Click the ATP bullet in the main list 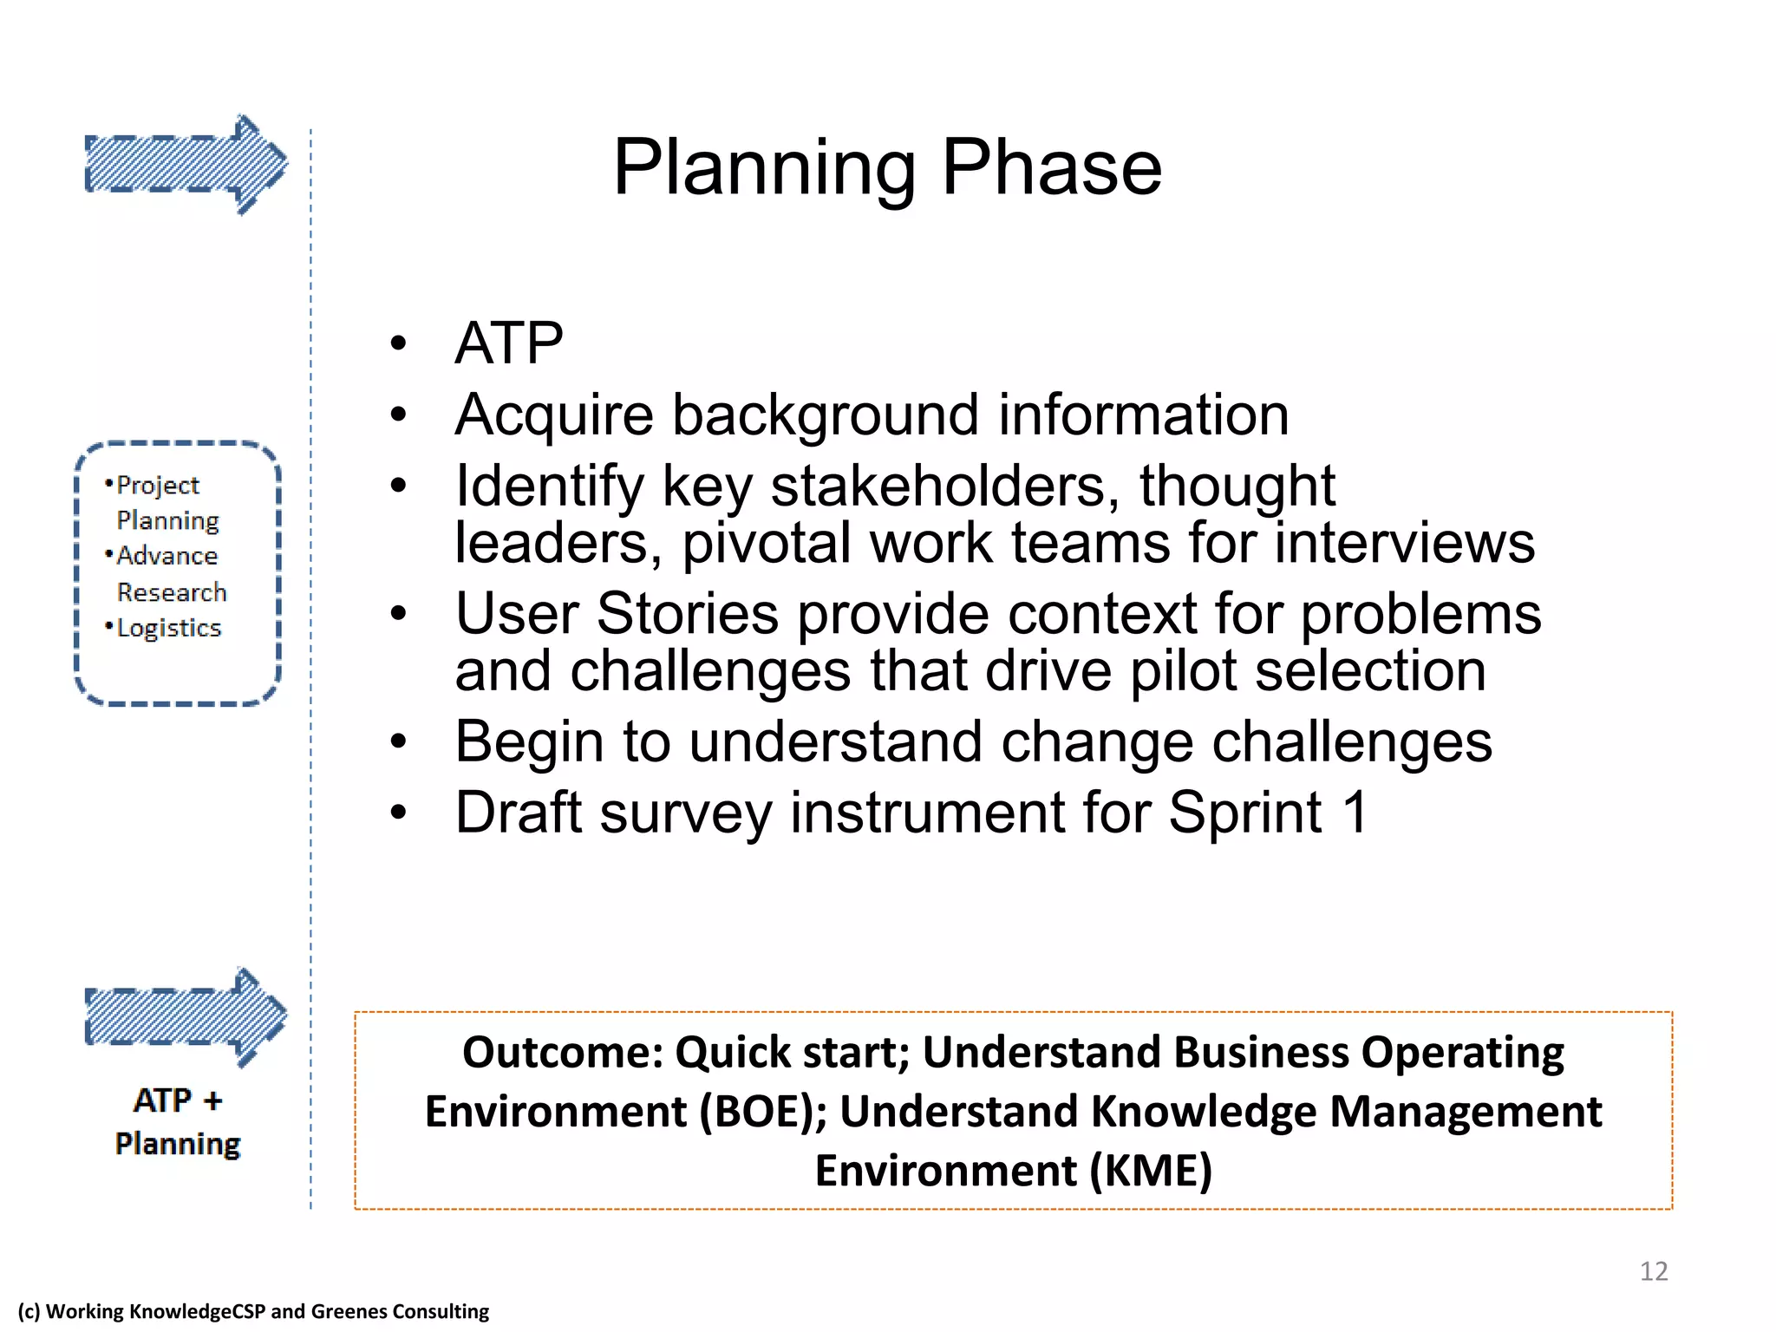509,343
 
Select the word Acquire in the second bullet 553,415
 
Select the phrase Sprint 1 1268,813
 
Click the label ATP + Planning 178,1122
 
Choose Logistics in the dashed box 169,628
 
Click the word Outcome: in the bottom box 562,1053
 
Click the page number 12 1653,1271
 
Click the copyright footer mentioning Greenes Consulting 253,1311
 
